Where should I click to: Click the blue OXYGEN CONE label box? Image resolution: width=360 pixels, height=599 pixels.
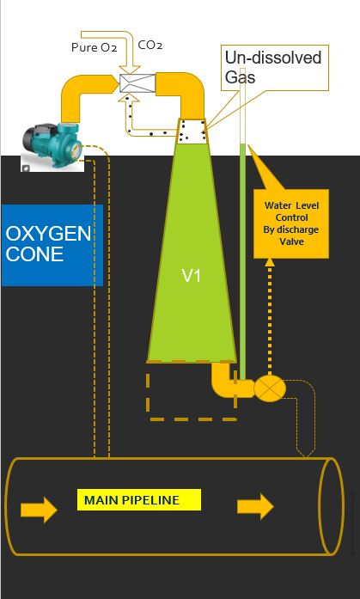click(x=52, y=245)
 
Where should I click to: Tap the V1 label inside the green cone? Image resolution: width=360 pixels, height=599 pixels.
click(x=192, y=275)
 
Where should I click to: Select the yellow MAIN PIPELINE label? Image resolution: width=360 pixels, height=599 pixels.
click(x=139, y=499)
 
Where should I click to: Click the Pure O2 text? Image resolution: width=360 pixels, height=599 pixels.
click(x=94, y=47)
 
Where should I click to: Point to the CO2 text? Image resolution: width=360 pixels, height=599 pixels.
click(x=150, y=46)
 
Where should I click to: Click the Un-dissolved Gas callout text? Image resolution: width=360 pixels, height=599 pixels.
click(x=273, y=67)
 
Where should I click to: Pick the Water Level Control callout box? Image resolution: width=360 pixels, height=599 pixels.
click(x=291, y=223)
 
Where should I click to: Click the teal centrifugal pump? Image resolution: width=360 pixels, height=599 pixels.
click(x=52, y=146)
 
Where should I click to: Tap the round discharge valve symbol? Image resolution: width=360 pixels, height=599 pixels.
click(x=270, y=388)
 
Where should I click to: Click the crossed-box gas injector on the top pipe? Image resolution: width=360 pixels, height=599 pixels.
click(x=137, y=83)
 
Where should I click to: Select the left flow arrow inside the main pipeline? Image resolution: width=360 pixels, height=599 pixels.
click(x=39, y=510)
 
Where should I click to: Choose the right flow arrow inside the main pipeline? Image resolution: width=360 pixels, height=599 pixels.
click(x=255, y=506)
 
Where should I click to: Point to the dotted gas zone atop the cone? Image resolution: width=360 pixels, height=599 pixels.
click(x=192, y=131)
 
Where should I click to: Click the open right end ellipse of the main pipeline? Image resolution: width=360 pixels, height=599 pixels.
click(x=332, y=506)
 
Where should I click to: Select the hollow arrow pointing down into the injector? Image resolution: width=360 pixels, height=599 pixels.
click(x=129, y=52)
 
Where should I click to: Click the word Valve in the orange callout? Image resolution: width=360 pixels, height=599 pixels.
click(x=291, y=241)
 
